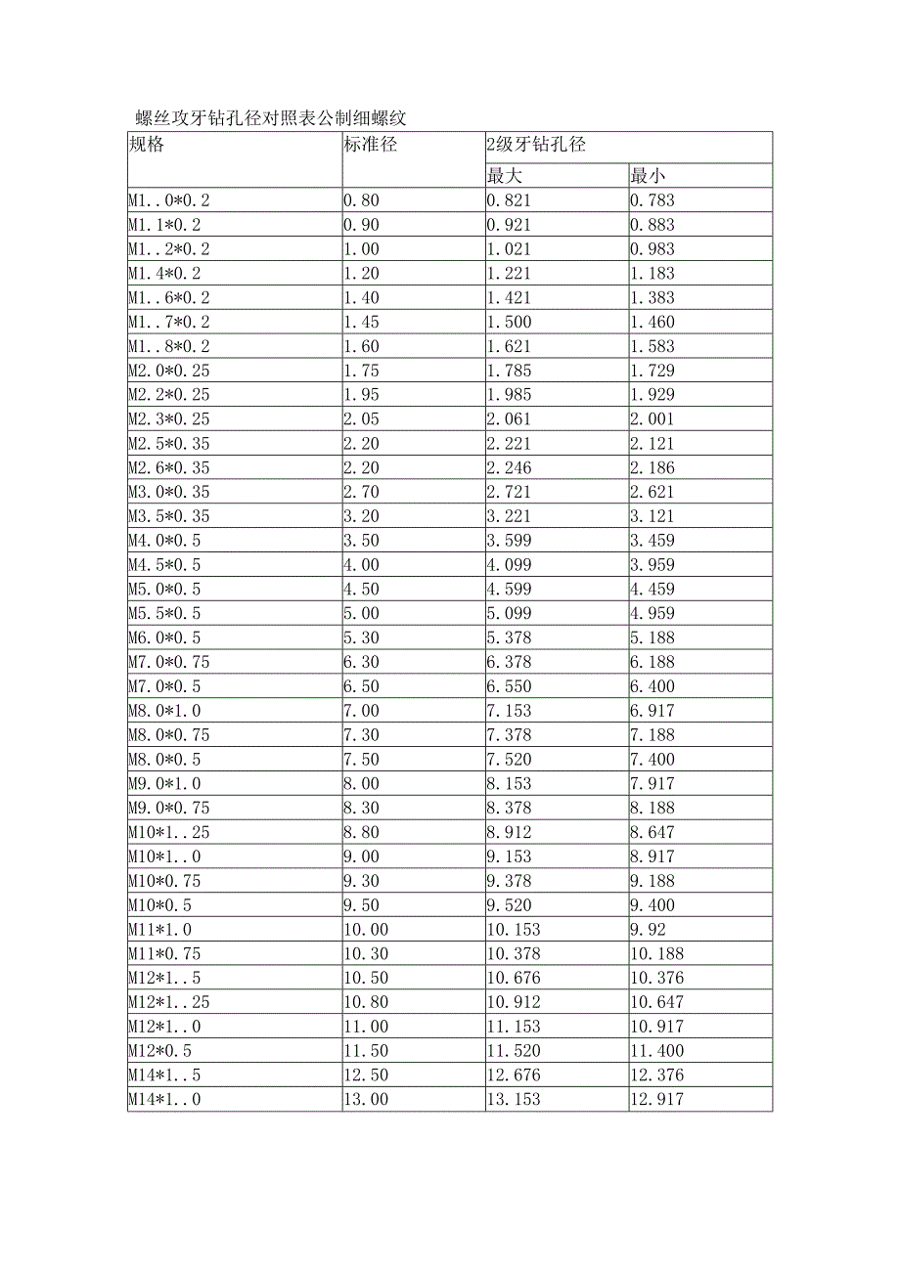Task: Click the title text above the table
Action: (x=271, y=119)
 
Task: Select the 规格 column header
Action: (x=147, y=145)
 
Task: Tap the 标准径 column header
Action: (x=370, y=145)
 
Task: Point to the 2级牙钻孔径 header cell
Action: (x=536, y=145)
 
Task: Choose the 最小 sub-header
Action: (x=647, y=176)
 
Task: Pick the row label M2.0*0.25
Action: (x=169, y=371)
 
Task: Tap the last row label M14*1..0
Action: (x=165, y=1099)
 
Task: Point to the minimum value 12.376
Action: (x=656, y=1075)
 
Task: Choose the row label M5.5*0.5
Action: (x=165, y=613)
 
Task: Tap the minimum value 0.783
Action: (x=652, y=200)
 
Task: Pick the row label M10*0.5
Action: (x=160, y=904)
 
